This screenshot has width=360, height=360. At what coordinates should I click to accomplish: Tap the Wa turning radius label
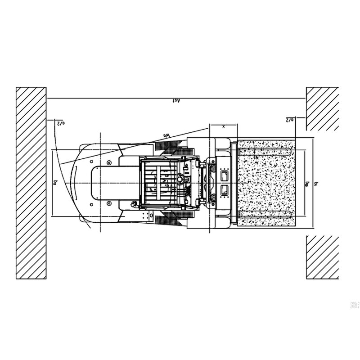pyautogui.click(x=165, y=134)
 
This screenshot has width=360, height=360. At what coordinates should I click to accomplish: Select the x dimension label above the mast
pyautogui.click(x=224, y=127)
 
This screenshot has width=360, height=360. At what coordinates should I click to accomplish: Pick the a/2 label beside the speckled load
pyautogui.click(x=290, y=120)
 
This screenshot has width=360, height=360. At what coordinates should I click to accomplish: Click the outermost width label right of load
pyautogui.click(x=317, y=183)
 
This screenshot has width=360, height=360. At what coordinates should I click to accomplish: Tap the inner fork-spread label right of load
pyautogui.click(x=307, y=183)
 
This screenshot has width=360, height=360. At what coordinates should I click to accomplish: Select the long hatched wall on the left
pyautogui.click(x=31, y=183)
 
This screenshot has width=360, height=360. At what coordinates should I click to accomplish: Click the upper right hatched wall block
pyautogui.click(x=322, y=108)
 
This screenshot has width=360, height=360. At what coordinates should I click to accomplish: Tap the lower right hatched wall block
pyautogui.click(x=322, y=257)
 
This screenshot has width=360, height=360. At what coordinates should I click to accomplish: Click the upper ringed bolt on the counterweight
pyautogui.click(x=109, y=162)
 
